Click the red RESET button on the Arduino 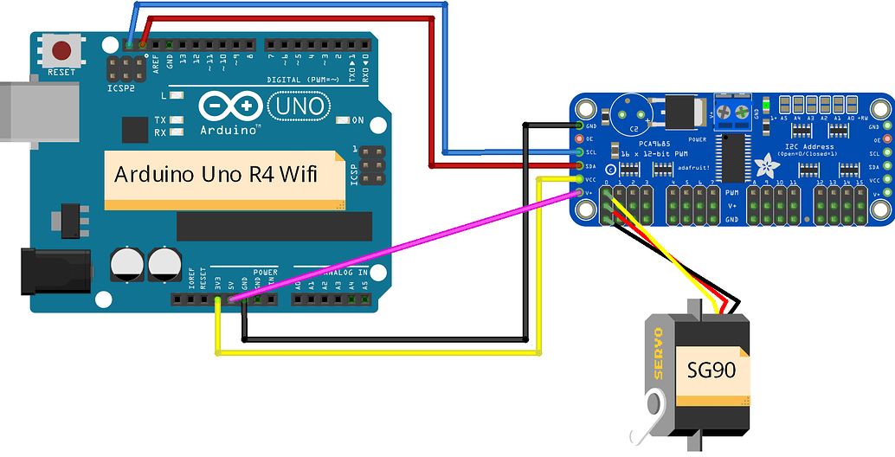[61, 49]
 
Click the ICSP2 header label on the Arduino [121, 88]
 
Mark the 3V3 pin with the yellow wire [217, 300]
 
